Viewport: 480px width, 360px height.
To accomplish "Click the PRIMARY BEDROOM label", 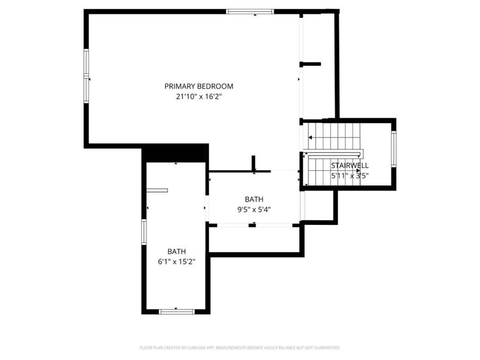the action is tap(199, 86).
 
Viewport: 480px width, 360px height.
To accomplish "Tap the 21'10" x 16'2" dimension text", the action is tap(199, 97).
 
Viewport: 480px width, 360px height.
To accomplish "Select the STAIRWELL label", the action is tap(350, 166).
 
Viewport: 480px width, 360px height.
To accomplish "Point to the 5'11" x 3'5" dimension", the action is tap(350, 176).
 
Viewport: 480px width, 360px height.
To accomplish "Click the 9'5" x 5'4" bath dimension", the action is tap(254, 209).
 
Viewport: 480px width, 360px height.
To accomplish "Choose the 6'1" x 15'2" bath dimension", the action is tap(176, 262).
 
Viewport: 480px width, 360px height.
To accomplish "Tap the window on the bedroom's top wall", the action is tap(250, 11).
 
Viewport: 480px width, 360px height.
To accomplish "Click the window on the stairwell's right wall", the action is tap(394, 149).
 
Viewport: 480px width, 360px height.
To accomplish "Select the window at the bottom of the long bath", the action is tap(177, 311).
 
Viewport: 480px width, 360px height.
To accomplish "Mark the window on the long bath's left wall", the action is tap(144, 232).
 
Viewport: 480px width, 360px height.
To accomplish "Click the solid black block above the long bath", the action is tap(175, 153).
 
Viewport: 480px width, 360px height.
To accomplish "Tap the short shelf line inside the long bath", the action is tap(157, 190).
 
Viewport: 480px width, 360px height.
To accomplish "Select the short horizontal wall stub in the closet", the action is tap(310, 64).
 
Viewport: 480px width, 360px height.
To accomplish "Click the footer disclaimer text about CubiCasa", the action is tap(240, 348).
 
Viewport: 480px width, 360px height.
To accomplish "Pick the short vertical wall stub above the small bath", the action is tap(253, 163).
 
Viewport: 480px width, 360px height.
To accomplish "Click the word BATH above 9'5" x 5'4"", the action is tap(254, 199).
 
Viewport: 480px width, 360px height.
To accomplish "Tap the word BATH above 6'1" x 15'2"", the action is tap(176, 251).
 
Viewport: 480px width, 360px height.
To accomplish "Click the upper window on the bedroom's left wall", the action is tap(86, 62).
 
